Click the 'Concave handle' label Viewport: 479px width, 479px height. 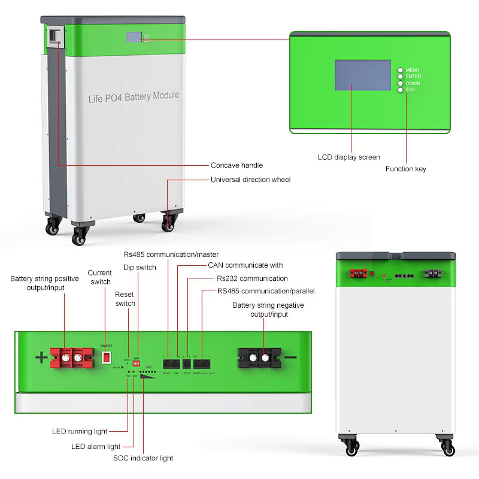237,165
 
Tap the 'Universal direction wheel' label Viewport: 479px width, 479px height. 250,180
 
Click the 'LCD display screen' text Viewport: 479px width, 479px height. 348,157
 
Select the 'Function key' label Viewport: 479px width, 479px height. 405,169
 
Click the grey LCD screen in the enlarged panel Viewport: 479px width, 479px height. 362,75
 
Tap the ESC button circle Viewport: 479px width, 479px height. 400,90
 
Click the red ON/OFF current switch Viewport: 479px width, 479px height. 106,357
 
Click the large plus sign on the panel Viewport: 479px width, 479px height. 41,358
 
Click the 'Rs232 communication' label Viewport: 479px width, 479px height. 252,278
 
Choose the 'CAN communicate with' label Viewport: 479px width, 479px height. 245,265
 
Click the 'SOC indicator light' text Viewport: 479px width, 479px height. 143,458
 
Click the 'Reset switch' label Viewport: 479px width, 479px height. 125,299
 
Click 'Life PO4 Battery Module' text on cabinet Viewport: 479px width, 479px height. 134,96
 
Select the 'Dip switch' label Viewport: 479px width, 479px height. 140,268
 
